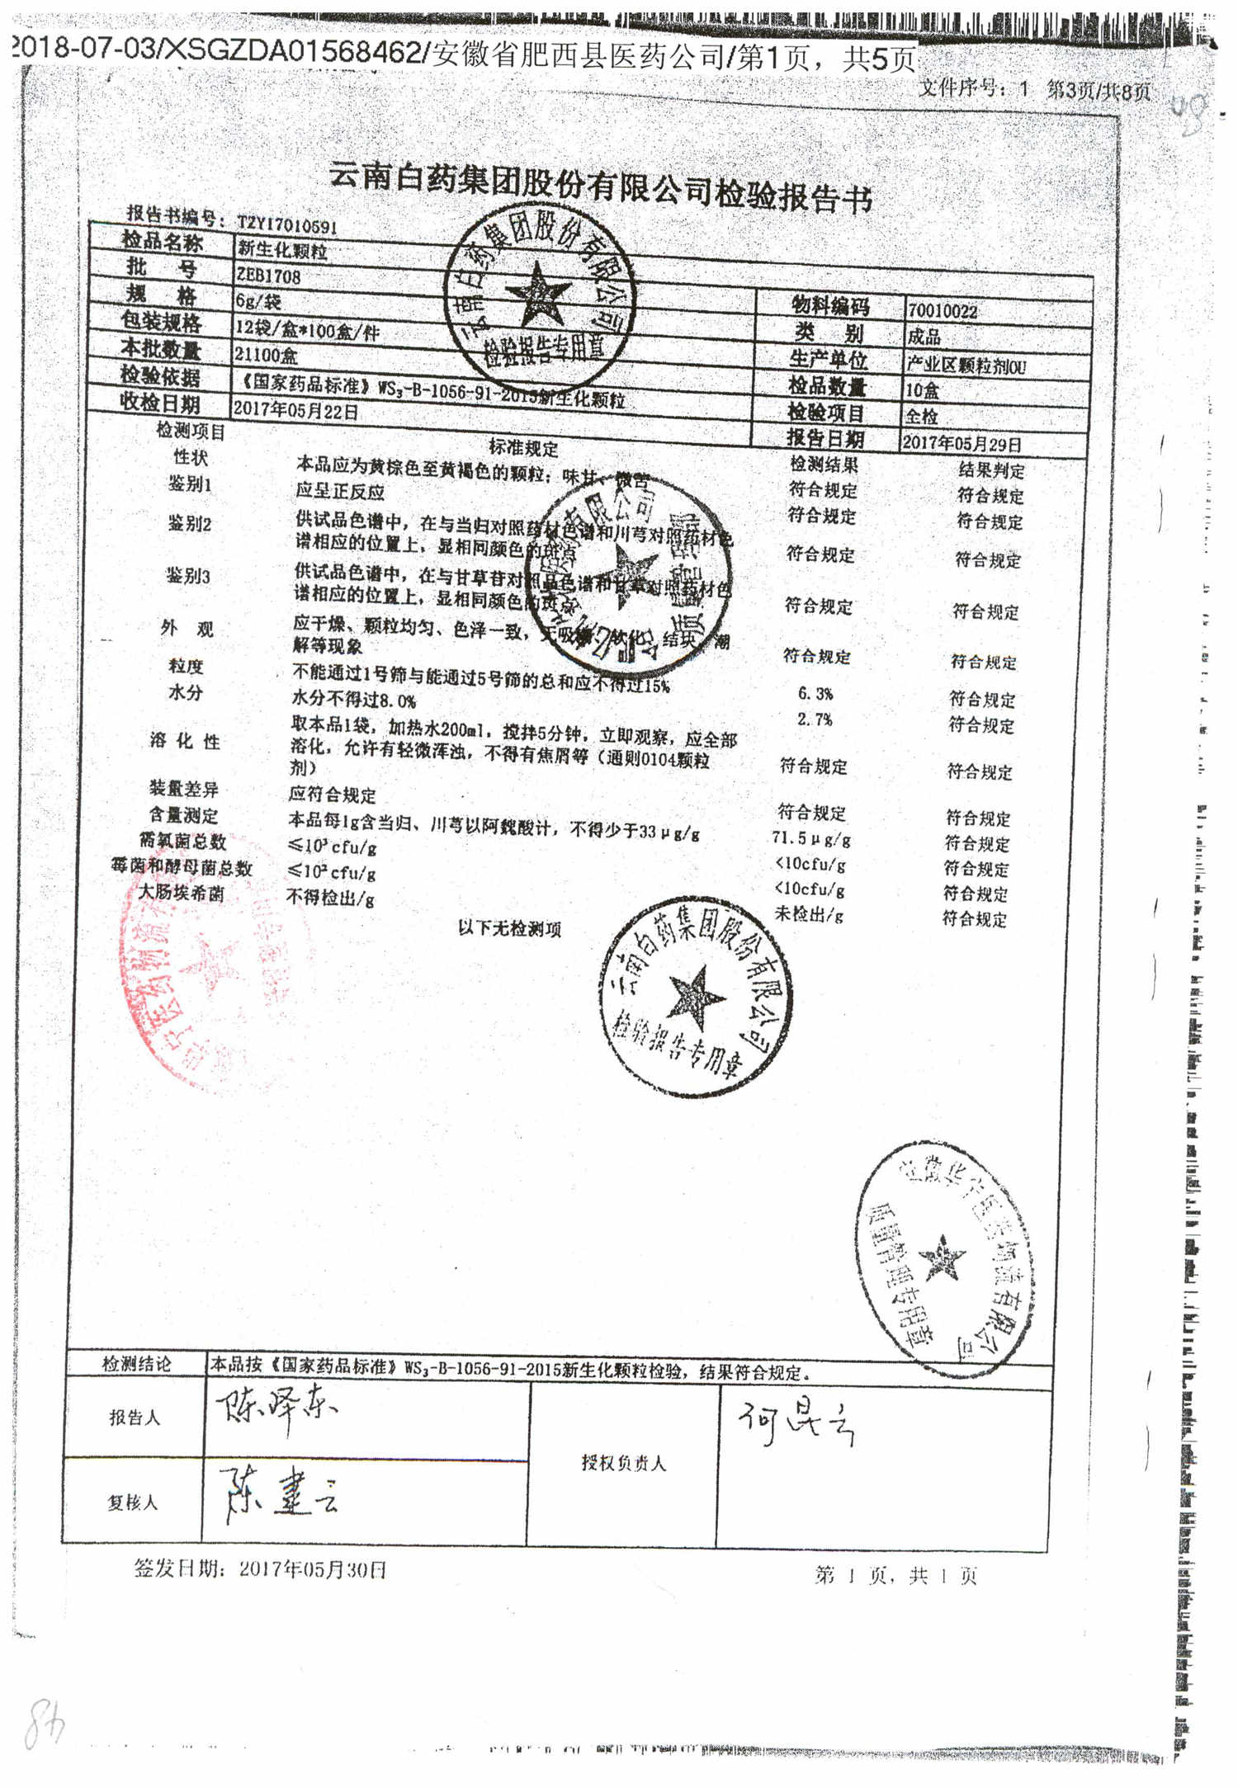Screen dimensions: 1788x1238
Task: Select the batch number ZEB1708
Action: click(x=269, y=276)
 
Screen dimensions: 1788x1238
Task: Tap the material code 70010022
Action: click(x=942, y=311)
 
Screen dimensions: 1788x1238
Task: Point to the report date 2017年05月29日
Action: click(x=962, y=443)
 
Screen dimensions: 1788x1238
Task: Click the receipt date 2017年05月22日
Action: click(x=295, y=410)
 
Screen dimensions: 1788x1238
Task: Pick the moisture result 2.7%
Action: click(x=815, y=719)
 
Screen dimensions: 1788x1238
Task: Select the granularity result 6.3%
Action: click(x=815, y=694)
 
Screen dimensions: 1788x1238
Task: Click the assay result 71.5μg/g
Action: click(x=811, y=838)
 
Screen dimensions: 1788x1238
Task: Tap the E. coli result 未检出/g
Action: click(x=809, y=913)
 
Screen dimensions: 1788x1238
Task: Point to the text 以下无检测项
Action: click(x=509, y=929)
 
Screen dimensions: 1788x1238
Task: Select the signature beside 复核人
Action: click(x=281, y=1494)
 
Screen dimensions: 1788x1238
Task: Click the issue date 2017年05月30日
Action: click(x=312, y=1569)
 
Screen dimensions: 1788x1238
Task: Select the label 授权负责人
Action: click(x=623, y=1463)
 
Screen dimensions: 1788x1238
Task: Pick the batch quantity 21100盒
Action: click(x=266, y=355)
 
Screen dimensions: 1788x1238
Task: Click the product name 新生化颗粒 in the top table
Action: click(x=282, y=250)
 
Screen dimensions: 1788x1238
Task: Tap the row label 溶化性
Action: click(x=185, y=741)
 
